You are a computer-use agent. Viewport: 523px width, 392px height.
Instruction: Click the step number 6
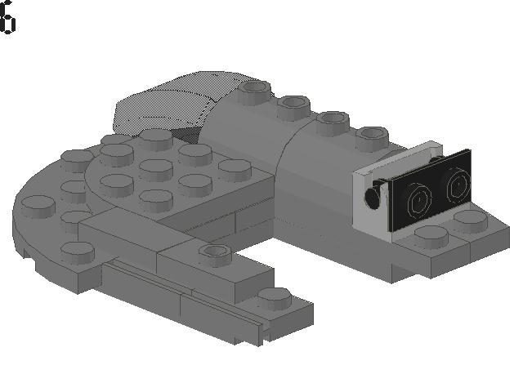pos(7,16)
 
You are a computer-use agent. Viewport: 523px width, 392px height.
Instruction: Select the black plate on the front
pos(431,190)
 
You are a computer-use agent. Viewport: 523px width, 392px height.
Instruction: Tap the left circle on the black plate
pos(418,201)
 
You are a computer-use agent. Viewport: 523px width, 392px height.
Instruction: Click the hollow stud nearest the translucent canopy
pos(254,90)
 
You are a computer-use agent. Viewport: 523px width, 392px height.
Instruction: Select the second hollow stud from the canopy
pos(293,105)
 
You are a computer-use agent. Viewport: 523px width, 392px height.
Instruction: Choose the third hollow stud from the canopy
pos(333,121)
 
